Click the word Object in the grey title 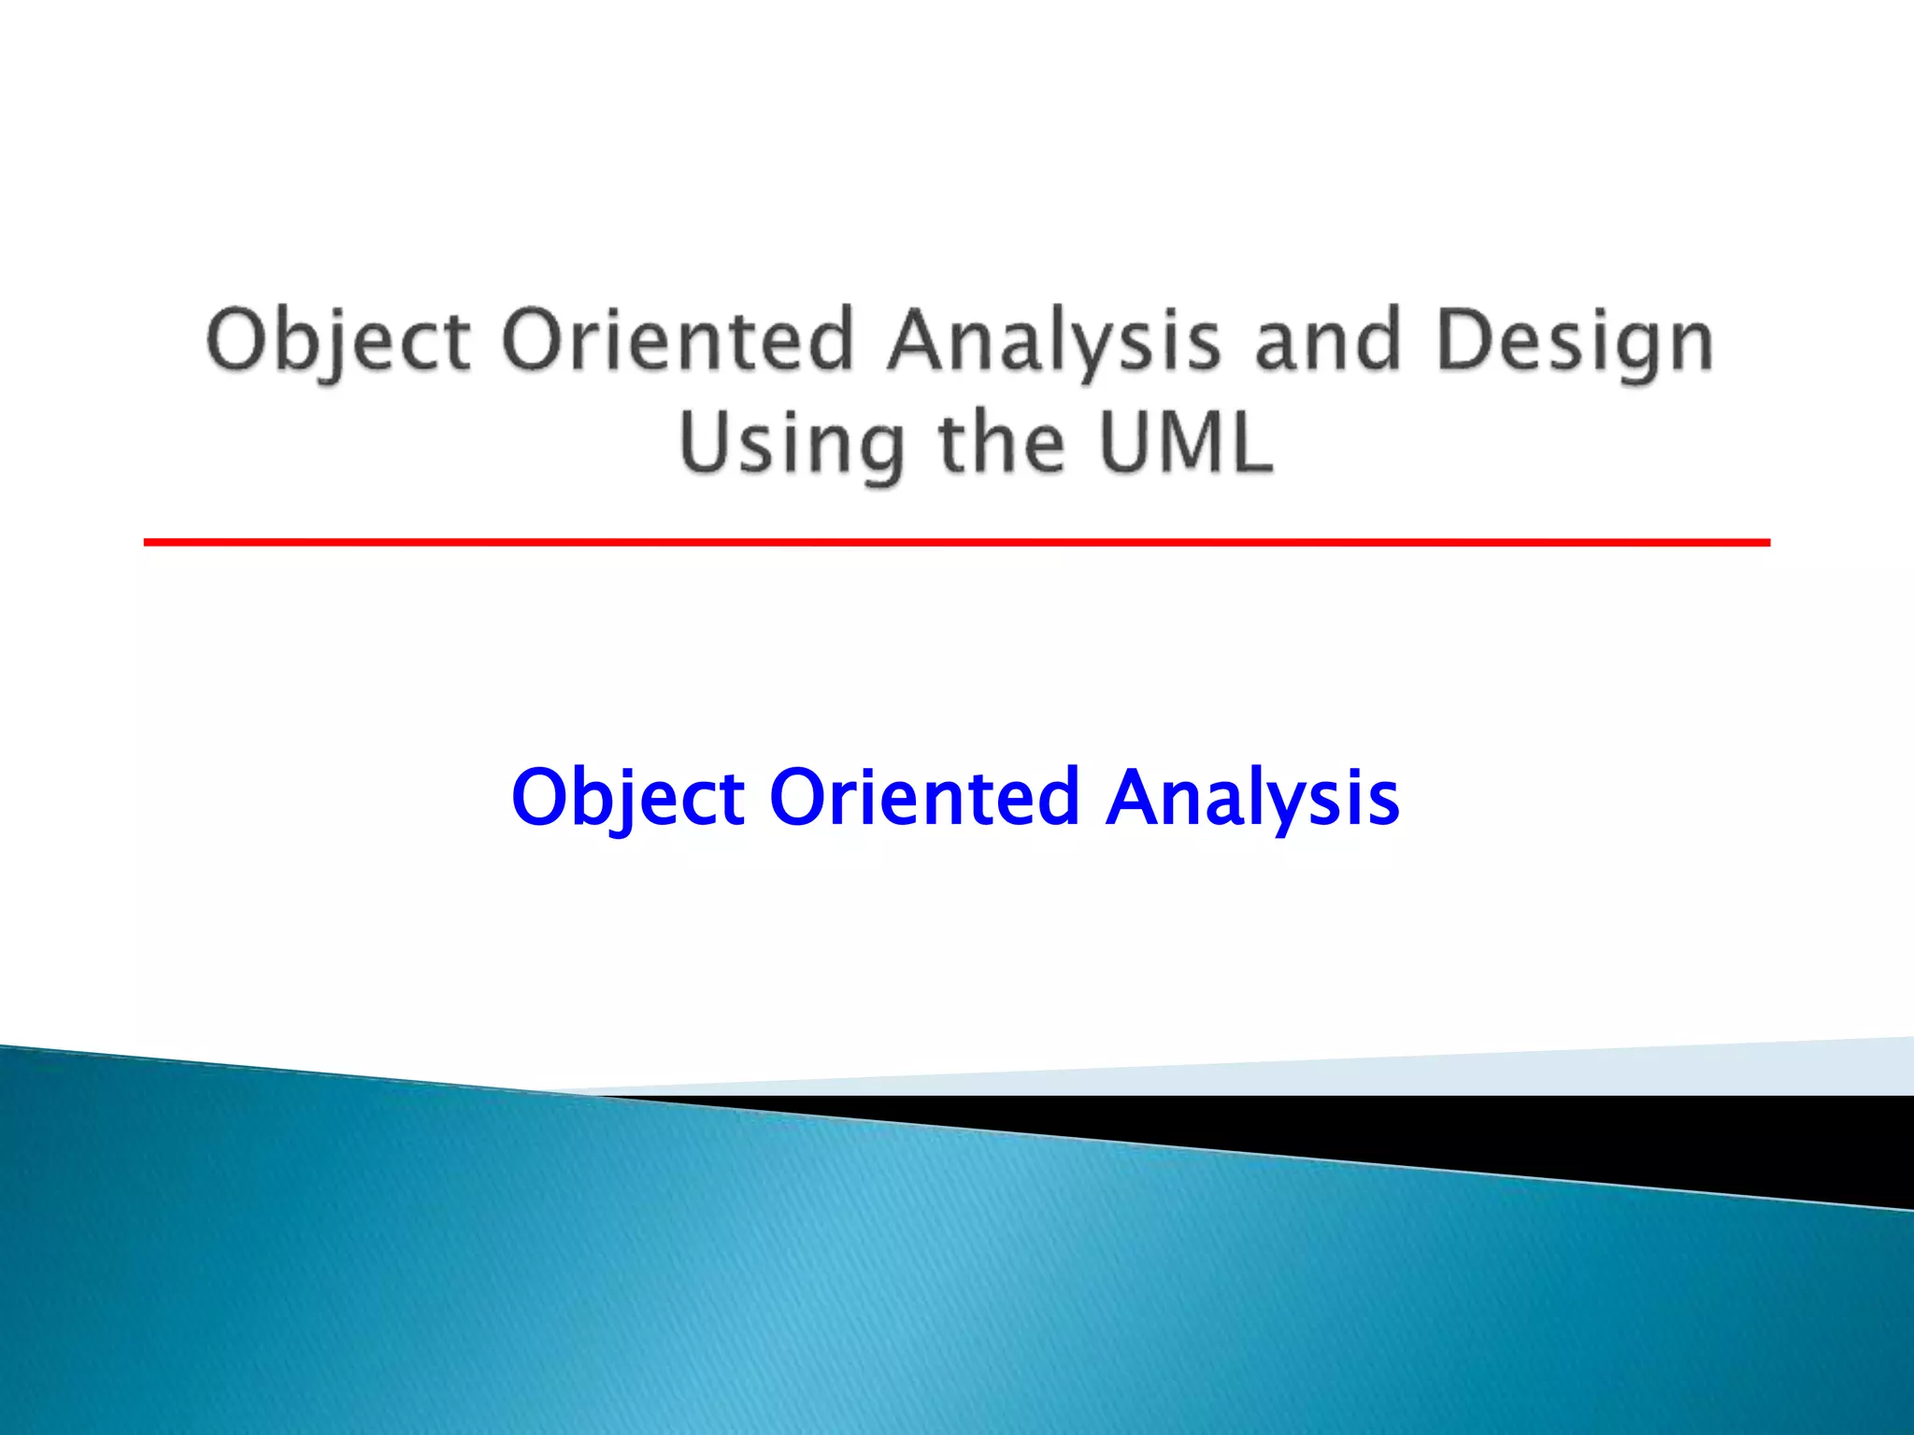[338, 341]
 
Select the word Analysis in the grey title [1054, 341]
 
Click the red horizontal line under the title [957, 542]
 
